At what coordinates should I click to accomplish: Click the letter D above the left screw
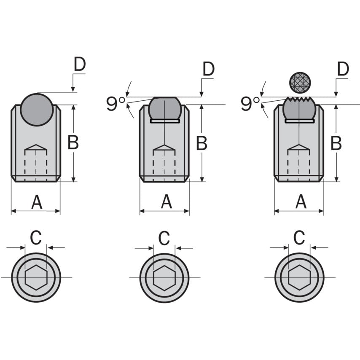(x=80, y=64)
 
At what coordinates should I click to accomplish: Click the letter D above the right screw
(x=343, y=69)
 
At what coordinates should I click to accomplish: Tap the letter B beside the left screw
(x=73, y=143)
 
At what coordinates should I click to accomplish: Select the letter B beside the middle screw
(x=201, y=143)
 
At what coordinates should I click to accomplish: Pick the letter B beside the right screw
(x=336, y=143)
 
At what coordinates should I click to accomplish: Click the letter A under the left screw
(x=37, y=203)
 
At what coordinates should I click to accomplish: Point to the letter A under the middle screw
(x=167, y=203)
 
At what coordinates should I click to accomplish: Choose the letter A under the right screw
(x=301, y=203)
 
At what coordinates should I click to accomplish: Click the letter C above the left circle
(x=36, y=238)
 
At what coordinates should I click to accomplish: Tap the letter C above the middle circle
(x=164, y=238)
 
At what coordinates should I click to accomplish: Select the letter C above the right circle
(x=299, y=238)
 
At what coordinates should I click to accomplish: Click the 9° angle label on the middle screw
(x=116, y=104)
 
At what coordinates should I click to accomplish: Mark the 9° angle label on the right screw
(x=250, y=104)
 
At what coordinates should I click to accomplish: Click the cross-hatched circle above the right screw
(x=300, y=83)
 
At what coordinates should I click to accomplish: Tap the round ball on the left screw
(x=37, y=110)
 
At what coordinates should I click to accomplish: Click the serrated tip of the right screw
(x=299, y=101)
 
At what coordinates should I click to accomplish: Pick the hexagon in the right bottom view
(x=299, y=278)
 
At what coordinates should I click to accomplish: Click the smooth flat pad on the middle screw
(x=165, y=108)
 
